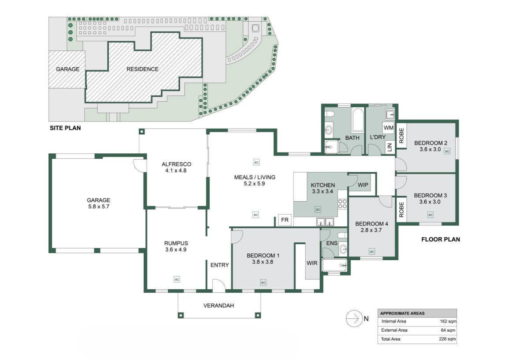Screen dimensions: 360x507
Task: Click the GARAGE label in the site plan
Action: (68, 69)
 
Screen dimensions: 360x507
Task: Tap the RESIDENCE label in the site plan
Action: (142, 69)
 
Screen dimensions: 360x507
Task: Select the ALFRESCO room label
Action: (176, 164)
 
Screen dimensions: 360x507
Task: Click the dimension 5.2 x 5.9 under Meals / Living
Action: (254, 184)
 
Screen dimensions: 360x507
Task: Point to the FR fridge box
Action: (285, 220)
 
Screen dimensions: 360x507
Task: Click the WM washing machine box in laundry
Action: (389, 128)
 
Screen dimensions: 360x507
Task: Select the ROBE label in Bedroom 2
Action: (401, 136)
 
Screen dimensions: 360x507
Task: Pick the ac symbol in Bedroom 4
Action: (372, 251)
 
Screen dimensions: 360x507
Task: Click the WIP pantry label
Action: (363, 185)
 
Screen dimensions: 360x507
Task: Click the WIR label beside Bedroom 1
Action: (312, 263)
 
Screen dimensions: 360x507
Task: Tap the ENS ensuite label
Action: (332, 243)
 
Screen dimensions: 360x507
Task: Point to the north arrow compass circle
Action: (354, 319)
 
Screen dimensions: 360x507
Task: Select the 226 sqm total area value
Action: (447, 339)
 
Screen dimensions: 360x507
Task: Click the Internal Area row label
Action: (394, 321)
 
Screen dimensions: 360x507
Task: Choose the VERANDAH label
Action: (218, 305)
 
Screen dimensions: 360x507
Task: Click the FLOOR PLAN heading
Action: (440, 239)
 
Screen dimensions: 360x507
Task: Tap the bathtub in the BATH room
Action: (358, 120)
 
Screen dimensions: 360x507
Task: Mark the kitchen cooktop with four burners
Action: (343, 204)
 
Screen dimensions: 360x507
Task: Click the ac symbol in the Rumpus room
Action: (177, 279)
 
